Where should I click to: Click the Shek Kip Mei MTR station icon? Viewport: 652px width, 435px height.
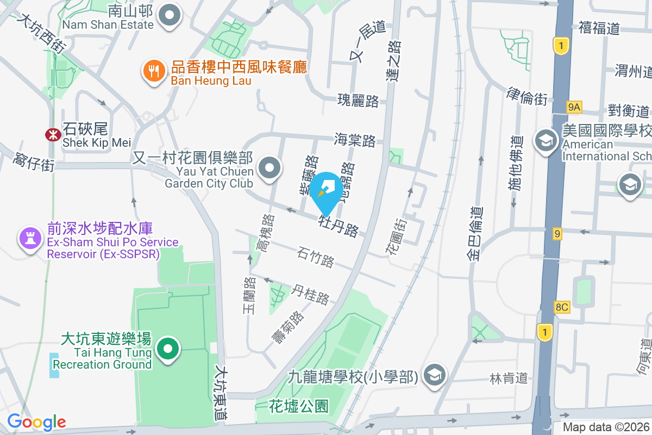coord(53,135)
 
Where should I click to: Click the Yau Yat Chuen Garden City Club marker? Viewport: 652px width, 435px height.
coord(269,169)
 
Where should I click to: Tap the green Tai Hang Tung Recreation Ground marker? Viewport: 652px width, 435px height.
coord(168,349)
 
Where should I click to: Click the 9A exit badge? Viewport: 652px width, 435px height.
coord(574,108)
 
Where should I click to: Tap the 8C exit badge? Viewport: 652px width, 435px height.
coord(562,307)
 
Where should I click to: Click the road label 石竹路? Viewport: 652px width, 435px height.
coord(316,258)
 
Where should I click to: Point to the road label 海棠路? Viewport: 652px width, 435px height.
coord(355,140)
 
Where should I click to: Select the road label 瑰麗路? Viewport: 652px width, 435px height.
coord(358,101)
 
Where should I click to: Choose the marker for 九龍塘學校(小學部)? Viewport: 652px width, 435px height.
coord(436,375)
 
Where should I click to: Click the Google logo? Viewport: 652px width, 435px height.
coord(36,421)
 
